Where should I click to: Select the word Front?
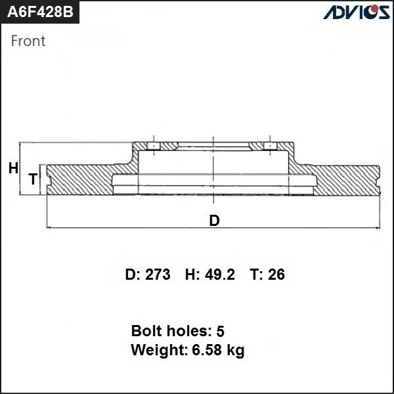click(x=28, y=41)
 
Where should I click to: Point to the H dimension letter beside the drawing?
click(x=13, y=169)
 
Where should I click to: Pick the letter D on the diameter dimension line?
click(x=214, y=221)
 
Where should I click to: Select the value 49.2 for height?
click(x=219, y=274)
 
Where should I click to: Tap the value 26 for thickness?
click(x=276, y=274)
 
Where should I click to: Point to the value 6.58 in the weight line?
click(x=205, y=350)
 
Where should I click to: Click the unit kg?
click(x=235, y=351)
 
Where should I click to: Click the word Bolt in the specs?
click(x=146, y=330)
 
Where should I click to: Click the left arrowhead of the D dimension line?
click(x=51, y=228)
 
